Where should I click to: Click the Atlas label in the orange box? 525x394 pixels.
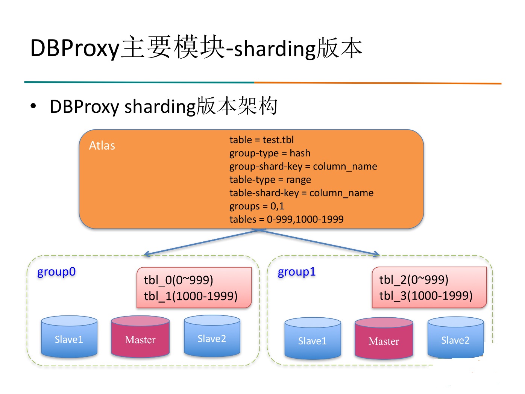(102, 145)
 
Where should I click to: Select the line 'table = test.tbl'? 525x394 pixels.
(261, 140)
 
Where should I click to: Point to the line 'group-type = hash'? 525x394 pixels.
(270, 153)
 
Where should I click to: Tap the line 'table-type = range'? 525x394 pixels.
(270, 180)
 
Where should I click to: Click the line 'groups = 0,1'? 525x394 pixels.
(256, 206)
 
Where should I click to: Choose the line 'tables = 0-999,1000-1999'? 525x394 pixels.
(287, 219)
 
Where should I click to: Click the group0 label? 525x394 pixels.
(56, 272)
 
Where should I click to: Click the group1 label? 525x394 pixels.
(297, 272)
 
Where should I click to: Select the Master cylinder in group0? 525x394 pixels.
(140, 336)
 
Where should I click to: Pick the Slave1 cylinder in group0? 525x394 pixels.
(69, 336)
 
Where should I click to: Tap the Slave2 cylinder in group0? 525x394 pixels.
(212, 336)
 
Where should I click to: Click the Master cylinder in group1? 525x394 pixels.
(384, 338)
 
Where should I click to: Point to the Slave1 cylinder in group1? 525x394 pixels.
(313, 338)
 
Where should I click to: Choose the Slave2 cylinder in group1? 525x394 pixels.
(456, 338)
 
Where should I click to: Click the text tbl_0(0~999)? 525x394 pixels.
(178, 280)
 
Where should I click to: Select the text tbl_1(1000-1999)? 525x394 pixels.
(191, 296)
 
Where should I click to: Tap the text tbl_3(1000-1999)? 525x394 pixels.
(426, 296)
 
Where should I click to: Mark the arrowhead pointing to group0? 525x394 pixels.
(146, 254)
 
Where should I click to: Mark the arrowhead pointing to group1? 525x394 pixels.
(377, 254)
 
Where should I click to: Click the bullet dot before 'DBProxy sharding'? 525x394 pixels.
(33, 106)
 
